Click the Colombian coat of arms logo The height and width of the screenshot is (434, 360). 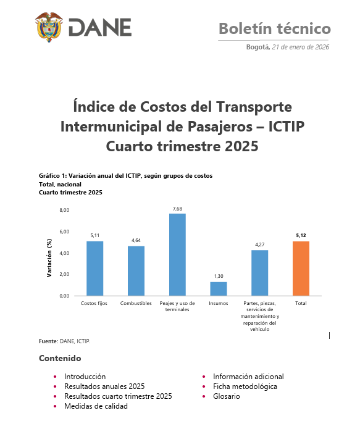click(x=49, y=27)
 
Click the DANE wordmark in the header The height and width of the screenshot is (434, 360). click(x=99, y=28)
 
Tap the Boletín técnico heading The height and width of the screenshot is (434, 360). click(x=274, y=28)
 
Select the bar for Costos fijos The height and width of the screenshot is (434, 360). click(x=94, y=268)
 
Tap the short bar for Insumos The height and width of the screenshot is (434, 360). click(x=219, y=288)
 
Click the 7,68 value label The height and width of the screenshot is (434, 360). click(x=177, y=209)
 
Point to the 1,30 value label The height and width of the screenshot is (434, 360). click(x=219, y=277)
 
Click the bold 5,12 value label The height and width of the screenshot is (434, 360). click(x=301, y=236)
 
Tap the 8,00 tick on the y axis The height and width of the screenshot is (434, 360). click(x=64, y=211)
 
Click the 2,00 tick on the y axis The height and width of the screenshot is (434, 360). click(x=64, y=274)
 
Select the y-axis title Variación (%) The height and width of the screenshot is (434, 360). click(x=49, y=253)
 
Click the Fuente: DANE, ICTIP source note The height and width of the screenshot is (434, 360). click(x=64, y=340)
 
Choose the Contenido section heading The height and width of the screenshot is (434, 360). click(x=59, y=358)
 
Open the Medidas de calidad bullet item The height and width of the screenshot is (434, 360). click(x=96, y=406)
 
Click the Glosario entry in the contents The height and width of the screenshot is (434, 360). click(x=227, y=396)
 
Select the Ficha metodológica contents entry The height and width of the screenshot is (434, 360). click(x=245, y=386)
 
